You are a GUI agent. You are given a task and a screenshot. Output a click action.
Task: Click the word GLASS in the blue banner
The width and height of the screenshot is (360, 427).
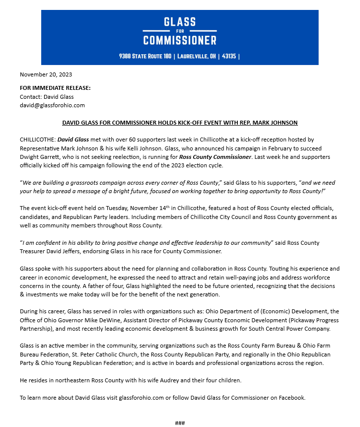click(180, 22)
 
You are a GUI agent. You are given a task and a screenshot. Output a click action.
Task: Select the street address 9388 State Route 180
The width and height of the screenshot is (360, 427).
click(145, 56)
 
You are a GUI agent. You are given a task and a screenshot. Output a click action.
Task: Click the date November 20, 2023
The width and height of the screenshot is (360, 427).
click(46, 74)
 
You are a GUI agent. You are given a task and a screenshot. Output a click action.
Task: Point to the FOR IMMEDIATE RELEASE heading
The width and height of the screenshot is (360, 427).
click(55, 88)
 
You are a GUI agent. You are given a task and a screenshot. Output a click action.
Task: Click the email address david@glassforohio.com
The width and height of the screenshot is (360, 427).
click(52, 105)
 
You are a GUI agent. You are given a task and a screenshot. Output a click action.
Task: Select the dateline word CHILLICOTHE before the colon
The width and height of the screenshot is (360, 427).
click(37, 140)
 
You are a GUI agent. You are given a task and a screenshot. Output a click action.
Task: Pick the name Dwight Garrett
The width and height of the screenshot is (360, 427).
click(40, 157)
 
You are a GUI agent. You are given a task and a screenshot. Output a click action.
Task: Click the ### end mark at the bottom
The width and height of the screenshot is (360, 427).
click(180, 423)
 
